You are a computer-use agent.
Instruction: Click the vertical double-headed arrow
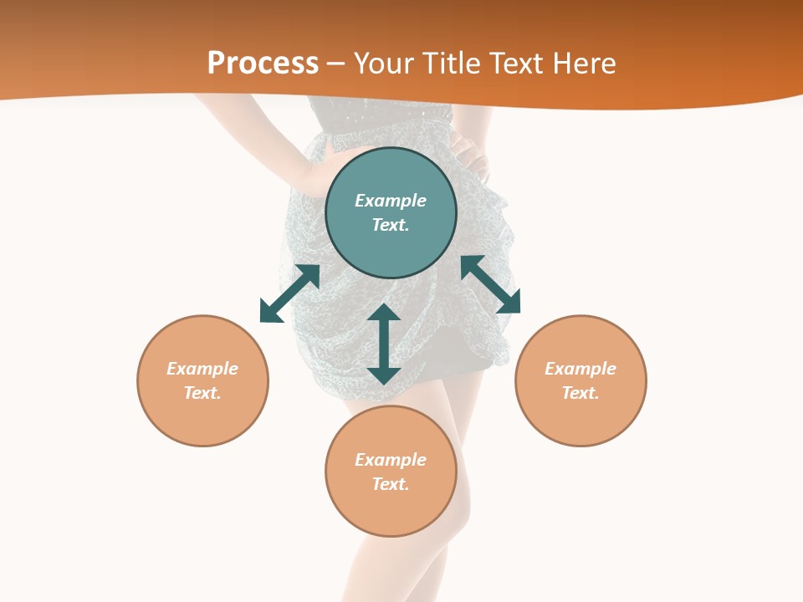(x=384, y=344)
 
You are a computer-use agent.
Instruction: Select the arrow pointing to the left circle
(x=289, y=293)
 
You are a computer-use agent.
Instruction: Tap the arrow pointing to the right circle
(x=491, y=284)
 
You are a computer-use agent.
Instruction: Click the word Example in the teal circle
(x=391, y=201)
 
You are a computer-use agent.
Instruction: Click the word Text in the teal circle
(x=390, y=225)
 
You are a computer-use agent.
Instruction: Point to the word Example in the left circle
(x=202, y=369)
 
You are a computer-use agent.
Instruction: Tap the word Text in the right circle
(x=580, y=393)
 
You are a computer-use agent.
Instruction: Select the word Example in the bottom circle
(x=391, y=460)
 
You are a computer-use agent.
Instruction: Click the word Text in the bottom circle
(x=390, y=484)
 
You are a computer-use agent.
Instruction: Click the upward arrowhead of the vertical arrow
(x=384, y=314)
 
